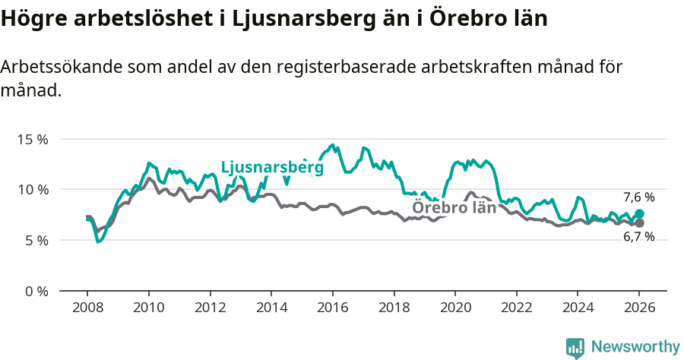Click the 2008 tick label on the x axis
coord(87,308)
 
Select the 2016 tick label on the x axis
coord(332,308)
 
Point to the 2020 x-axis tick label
coord(454,308)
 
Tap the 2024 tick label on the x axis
coord(577,308)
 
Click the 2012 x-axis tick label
coord(210,308)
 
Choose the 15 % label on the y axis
coord(33,139)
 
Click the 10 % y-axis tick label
coord(33,189)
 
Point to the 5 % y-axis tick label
coord(36,240)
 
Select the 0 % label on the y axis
coord(36,291)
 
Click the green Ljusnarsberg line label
coord(272,168)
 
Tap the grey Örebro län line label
coord(454,207)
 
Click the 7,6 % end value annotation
coord(638,197)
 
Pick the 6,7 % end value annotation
coord(638,238)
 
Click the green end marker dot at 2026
coord(639,214)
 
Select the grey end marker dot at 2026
coord(639,223)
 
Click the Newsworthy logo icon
coord(575,347)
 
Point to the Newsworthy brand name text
coord(635,347)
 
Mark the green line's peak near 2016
coord(332,144)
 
